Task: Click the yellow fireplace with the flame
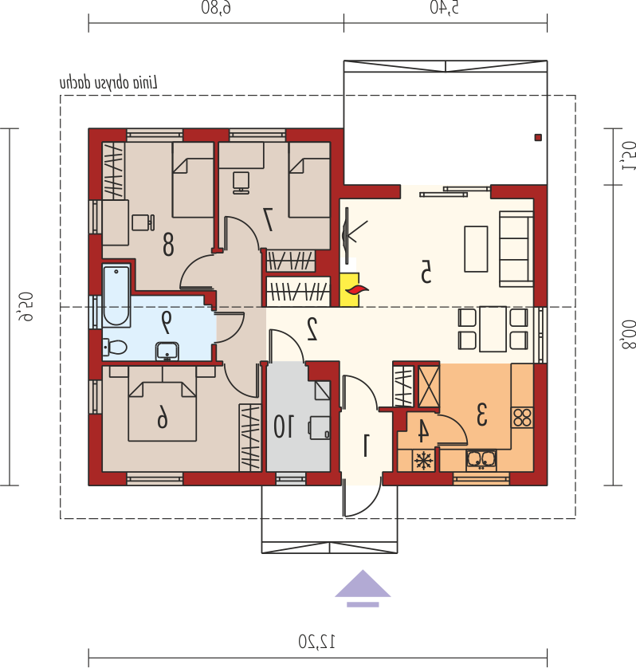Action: (350, 289)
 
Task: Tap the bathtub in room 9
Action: (116, 295)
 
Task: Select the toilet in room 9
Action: (116, 348)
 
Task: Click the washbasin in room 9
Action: (167, 352)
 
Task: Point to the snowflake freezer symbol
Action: (423, 461)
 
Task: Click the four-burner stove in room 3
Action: (522, 418)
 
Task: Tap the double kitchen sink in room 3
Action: (481, 460)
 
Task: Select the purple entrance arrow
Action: (363, 588)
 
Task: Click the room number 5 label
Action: (426, 273)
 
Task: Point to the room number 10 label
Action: (283, 426)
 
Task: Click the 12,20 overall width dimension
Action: (316, 641)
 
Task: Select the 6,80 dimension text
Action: (216, 7)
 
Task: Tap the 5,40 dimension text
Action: (444, 7)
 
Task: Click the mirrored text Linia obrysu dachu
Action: (108, 83)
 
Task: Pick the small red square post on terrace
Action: (538, 137)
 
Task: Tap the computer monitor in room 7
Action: (241, 183)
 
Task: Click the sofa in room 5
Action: (516, 249)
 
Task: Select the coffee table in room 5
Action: (476, 249)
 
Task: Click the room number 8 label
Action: (168, 245)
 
